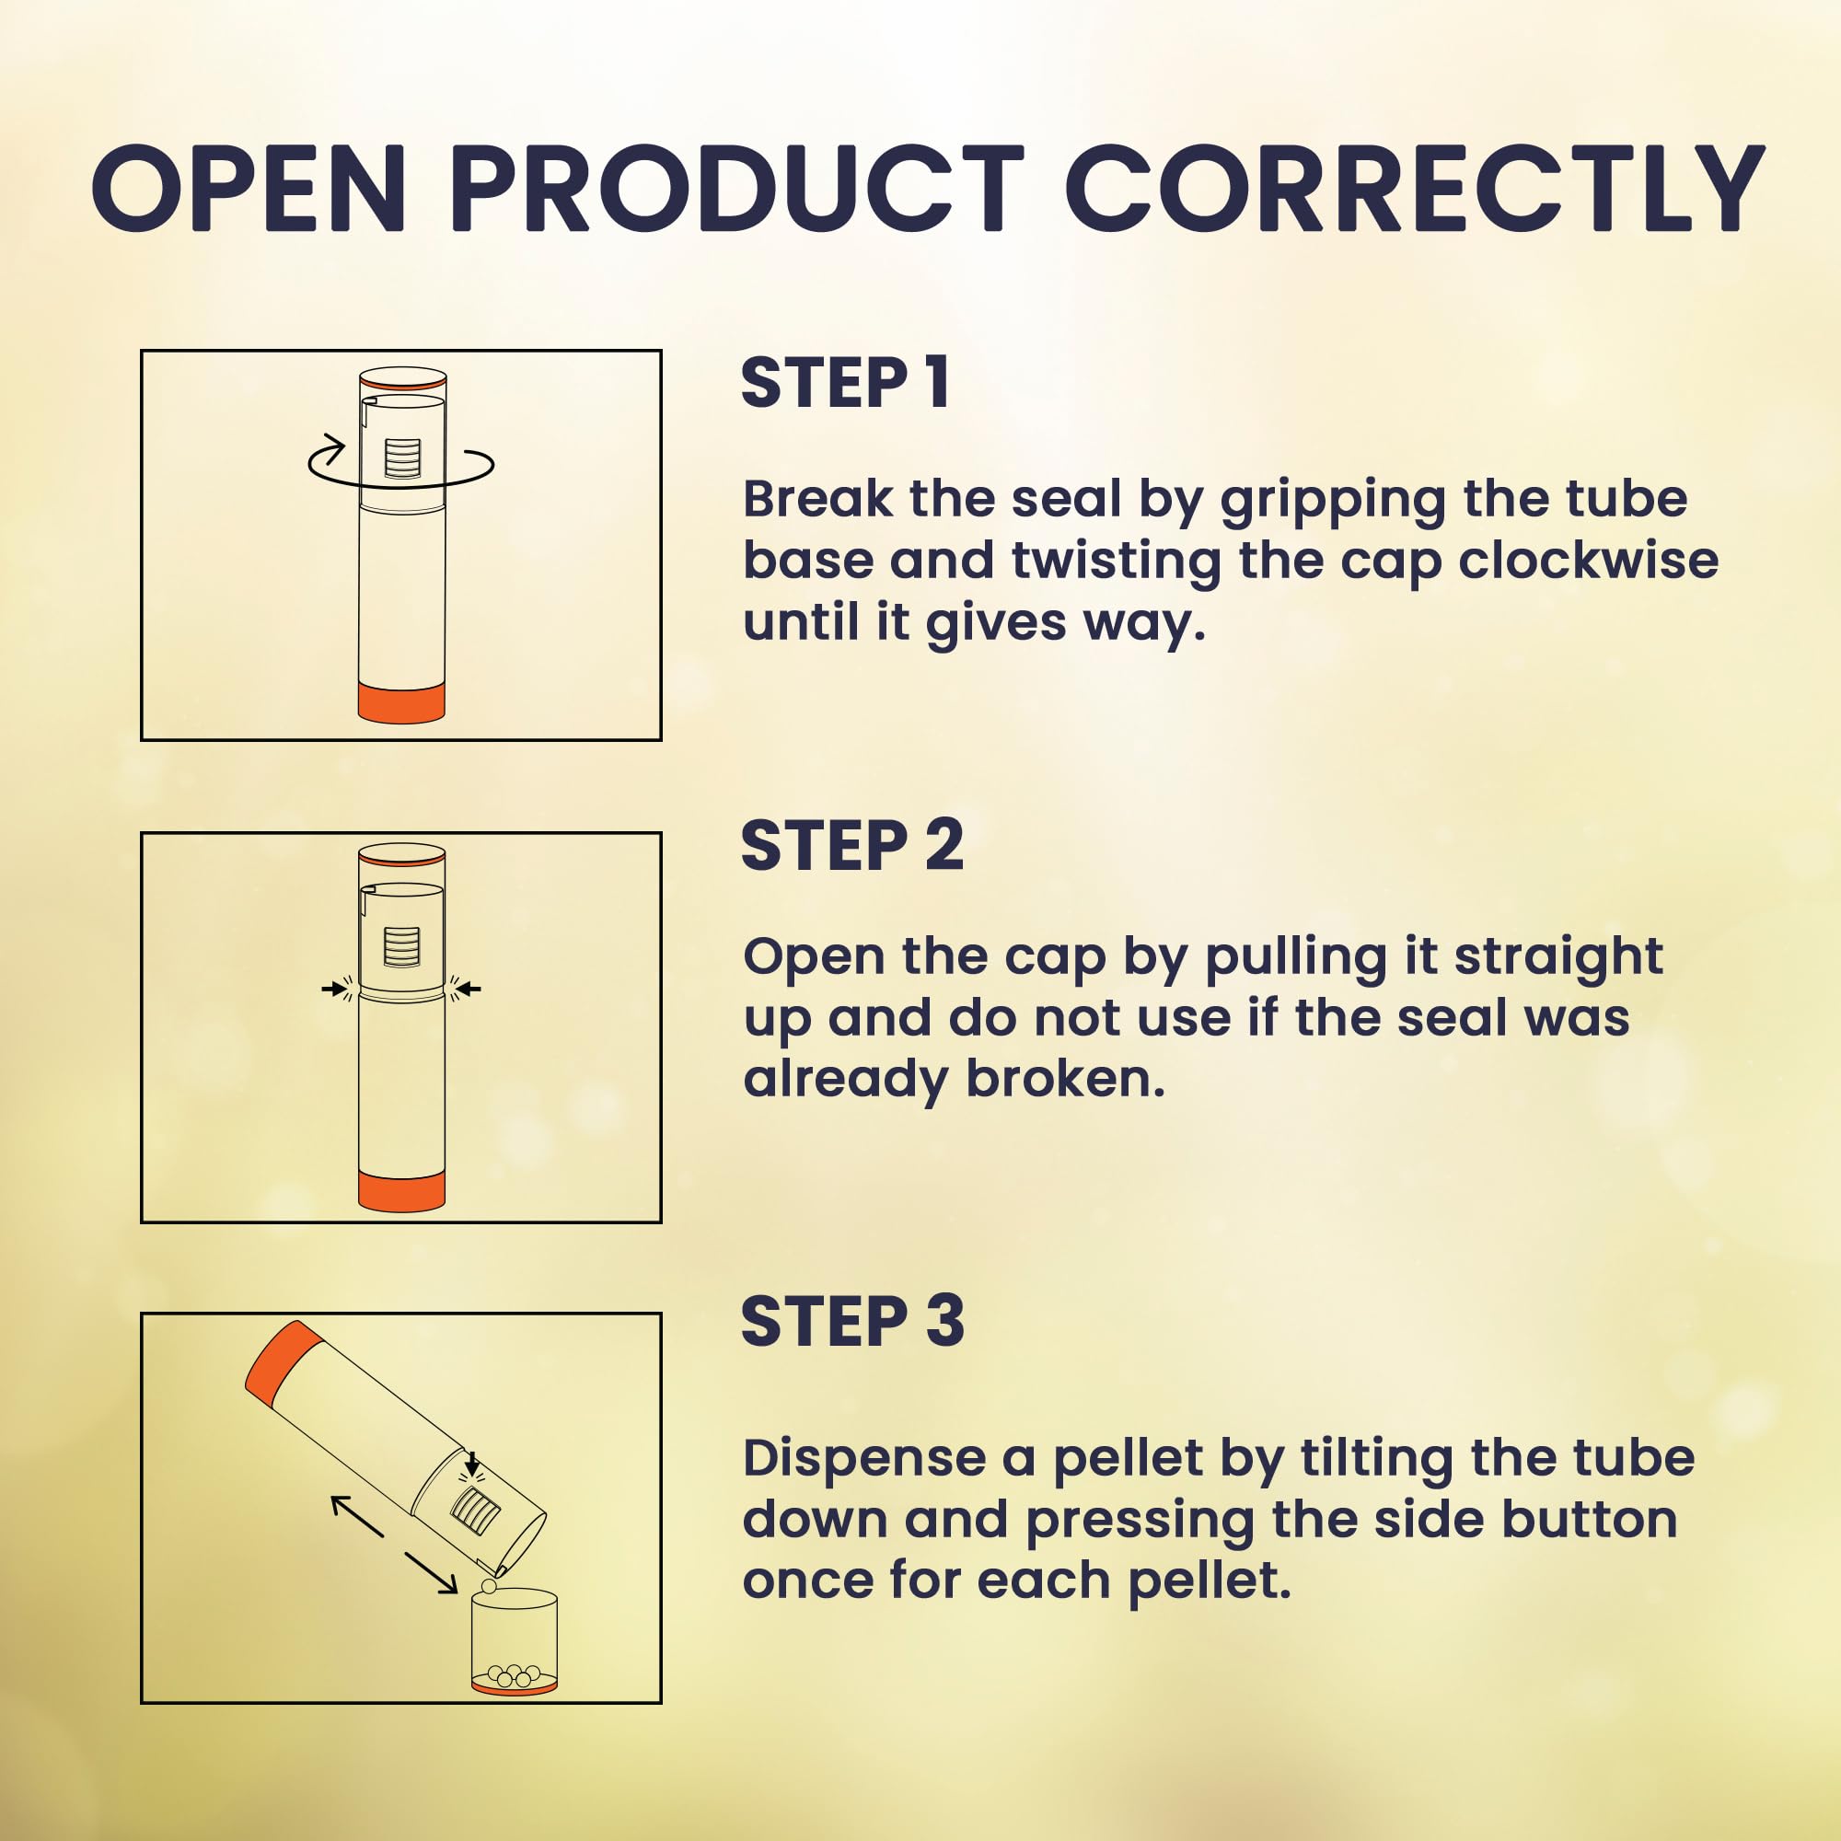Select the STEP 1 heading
tap(845, 383)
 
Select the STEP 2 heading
tap(851, 845)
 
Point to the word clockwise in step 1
tap(1589, 561)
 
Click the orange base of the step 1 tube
tap(401, 702)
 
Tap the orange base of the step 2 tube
tap(401, 1190)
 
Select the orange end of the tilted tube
tap(278, 1361)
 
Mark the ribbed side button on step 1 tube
tap(401, 458)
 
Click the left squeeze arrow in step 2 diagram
tap(334, 990)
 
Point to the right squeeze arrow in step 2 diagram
tap(468, 990)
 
